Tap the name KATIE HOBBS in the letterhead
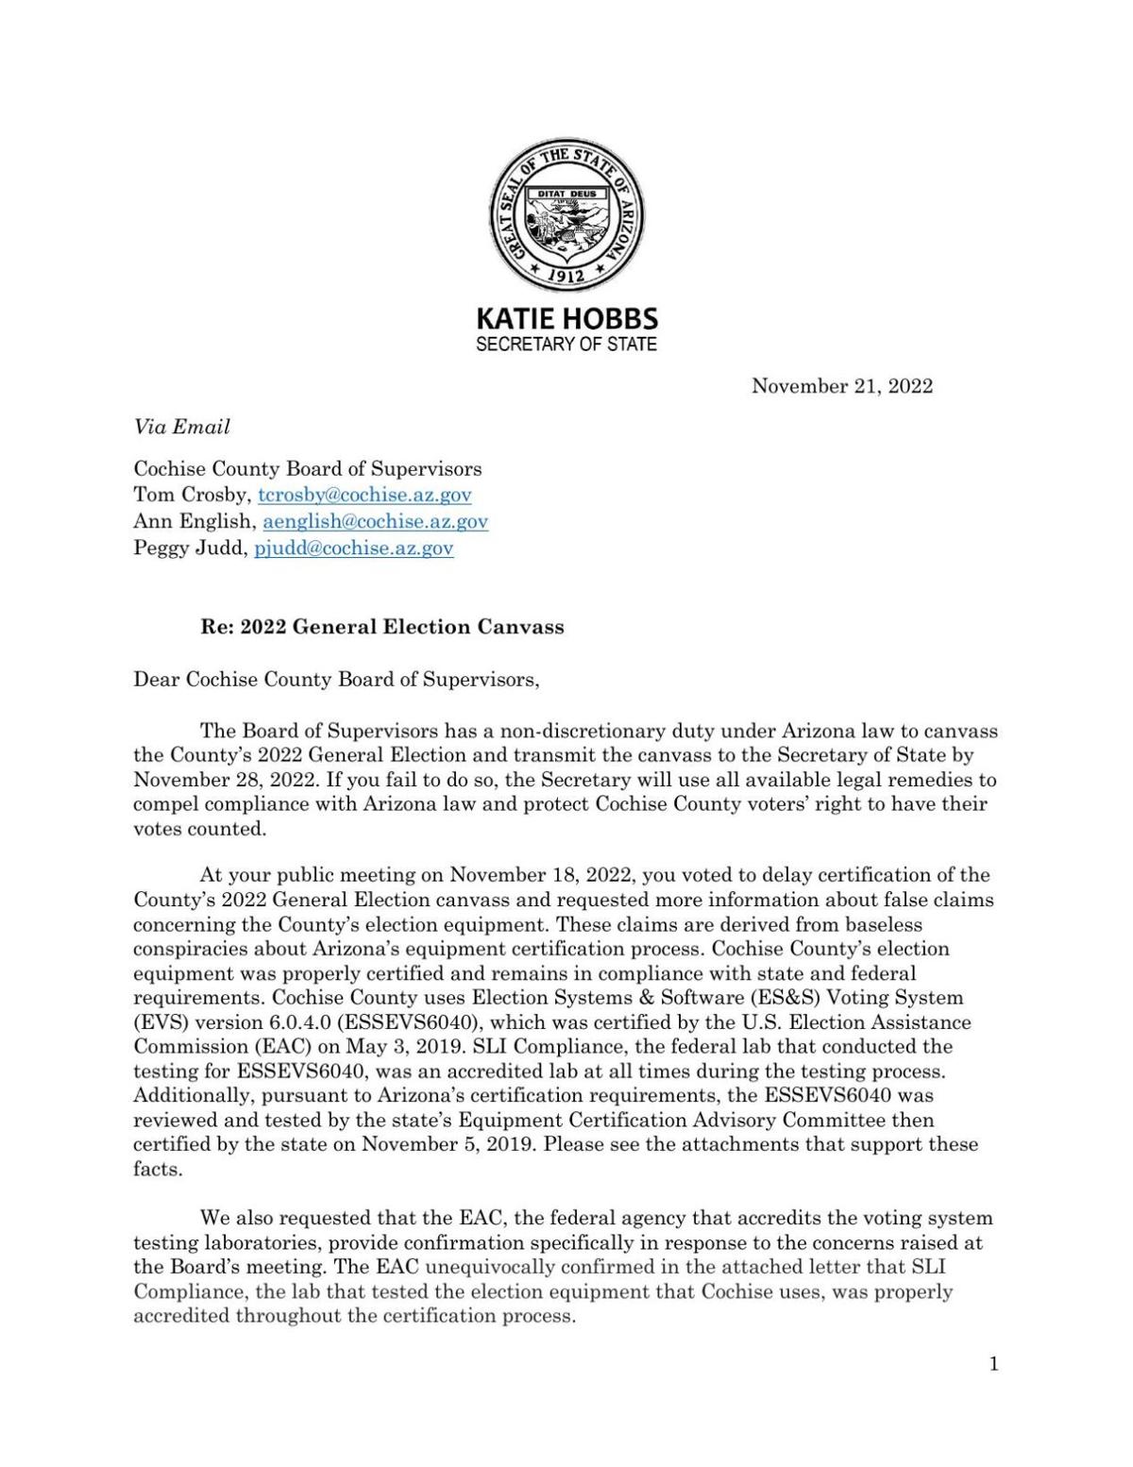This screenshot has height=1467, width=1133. click(566, 319)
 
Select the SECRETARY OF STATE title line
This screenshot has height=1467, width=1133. click(566, 345)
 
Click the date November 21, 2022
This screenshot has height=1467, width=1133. click(841, 386)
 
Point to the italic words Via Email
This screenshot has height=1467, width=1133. click(181, 427)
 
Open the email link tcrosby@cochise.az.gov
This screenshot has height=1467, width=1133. click(364, 495)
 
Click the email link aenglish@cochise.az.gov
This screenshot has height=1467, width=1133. click(375, 521)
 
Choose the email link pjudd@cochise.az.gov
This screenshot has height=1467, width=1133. click(354, 548)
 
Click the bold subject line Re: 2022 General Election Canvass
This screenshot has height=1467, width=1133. click(382, 627)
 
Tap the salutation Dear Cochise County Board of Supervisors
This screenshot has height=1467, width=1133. click(336, 679)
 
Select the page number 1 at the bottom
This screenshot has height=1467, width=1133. click(993, 1363)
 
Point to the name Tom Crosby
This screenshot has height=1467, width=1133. click(193, 495)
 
